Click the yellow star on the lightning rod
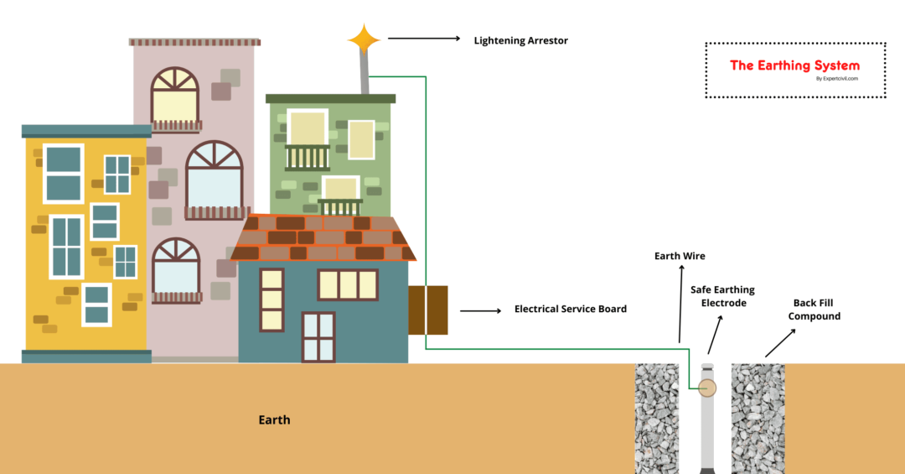pyautogui.click(x=364, y=39)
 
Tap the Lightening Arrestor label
pyautogui.click(x=520, y=40)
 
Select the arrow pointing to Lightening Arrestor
pyautogui.click(x=424, y=39)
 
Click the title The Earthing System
pyautogui.click(x=794, y=65)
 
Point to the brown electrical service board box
pyautogui.click(x=427, y=310)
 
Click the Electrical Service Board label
pyautogui.click(x=570, y=309)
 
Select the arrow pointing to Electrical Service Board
pyautogui.click(x=479, y=310)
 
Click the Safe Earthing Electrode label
pyautogui.click(x=722, y=296)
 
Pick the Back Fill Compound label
pyautogui.click(x=814, y=310)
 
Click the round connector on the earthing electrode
pyautogui.click(x=708, y=387)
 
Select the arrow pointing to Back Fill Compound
pyautogui.click(x=781, y=342)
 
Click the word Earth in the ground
pyautogui.click(x=274, y=419)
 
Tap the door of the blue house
pyautogui.click(x=318, y=337)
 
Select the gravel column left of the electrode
pyautogui.click(x=656, y=418)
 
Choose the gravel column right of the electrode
pyautogui.click(x=758, y=418)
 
